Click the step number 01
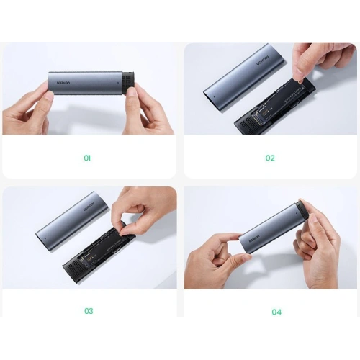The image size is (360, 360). (88, 158)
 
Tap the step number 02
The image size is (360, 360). (270, 158)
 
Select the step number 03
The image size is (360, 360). (89, 311)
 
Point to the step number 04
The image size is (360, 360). (276, 311)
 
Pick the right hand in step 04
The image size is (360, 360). (317, 245)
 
